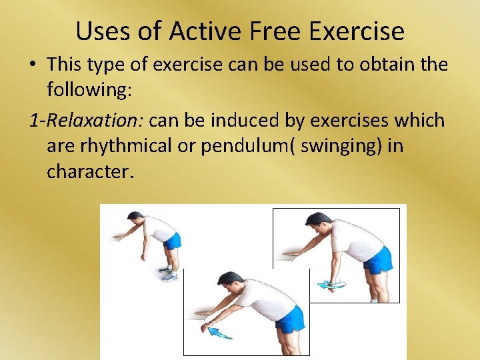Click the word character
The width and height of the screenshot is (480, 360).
(x=90, y=171)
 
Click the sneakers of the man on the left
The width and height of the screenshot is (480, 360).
(x=169, y=273)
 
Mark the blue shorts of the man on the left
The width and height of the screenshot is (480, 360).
(x=172, y=241)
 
